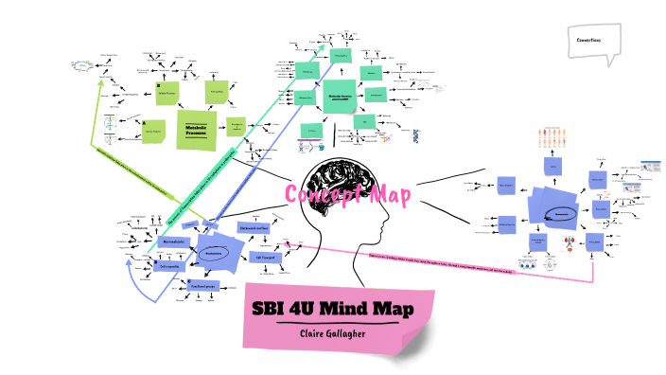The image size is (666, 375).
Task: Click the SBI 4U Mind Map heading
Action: pyautogui.click(x=338, y=310)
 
